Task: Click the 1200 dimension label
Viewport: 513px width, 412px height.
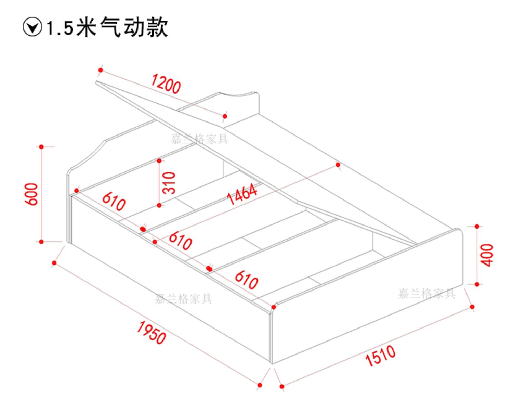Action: click(166, 84)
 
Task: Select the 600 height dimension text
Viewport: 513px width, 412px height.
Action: click(31, 194)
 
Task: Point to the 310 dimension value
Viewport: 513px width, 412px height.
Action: click(169, 183)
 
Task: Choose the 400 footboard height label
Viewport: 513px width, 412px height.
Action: click(487, 255)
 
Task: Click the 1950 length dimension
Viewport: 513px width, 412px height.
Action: click(152, 333)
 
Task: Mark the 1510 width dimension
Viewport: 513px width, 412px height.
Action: click(380, 356)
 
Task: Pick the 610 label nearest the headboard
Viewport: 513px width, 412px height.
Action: click(114, 202)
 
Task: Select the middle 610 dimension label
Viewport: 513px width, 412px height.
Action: click(180, 241)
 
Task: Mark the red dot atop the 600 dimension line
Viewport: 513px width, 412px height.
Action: click(41, 147)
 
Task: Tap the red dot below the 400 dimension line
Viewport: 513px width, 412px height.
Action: click(477, 284)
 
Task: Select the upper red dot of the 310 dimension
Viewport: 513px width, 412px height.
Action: click(159, 161)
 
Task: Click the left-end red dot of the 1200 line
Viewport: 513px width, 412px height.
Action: click(101, 70)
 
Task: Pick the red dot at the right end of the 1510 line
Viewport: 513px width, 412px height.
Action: click(472, 307)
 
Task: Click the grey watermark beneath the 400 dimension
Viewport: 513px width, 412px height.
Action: click(427, 294)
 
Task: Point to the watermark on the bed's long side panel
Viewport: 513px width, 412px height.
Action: click(183, 299)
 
